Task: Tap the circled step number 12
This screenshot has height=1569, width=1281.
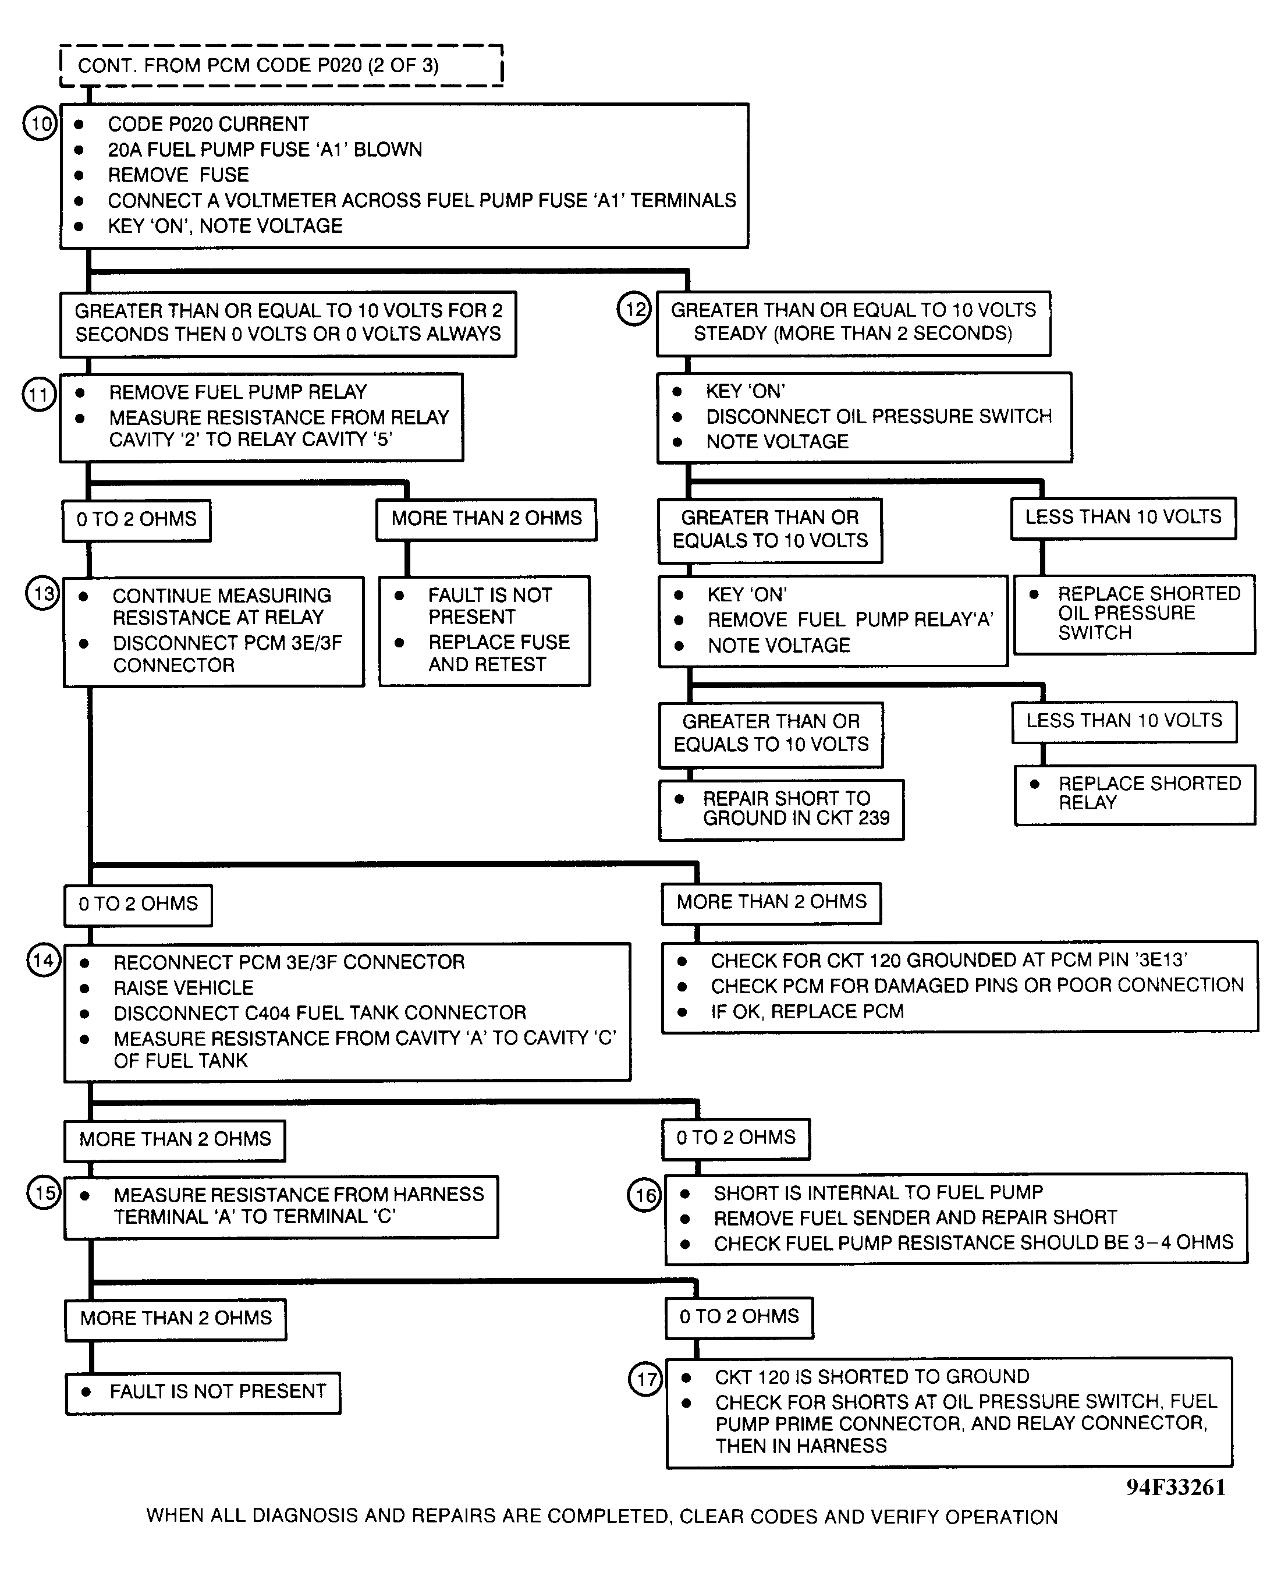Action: [634, 309]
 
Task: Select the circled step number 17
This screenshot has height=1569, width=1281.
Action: [645, 1378]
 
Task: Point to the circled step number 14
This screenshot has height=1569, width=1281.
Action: [44, 960]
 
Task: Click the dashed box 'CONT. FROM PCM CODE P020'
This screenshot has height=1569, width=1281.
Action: [281, 66]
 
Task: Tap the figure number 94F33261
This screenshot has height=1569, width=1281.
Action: [1176, 1487]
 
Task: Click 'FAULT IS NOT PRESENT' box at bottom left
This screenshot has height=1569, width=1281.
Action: [203, 1392]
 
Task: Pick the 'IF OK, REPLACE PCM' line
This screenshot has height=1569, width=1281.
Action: [807, 1011]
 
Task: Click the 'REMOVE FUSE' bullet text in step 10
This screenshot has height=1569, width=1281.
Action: [178, 175]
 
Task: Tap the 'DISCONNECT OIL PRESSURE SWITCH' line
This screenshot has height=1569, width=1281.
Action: [878, 416]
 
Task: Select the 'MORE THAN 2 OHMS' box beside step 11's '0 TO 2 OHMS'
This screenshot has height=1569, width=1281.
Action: [487, 519]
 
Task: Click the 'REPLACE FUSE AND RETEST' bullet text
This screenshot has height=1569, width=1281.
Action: [498, 653]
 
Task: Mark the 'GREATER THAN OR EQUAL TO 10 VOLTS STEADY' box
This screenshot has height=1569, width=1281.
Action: [853, 323]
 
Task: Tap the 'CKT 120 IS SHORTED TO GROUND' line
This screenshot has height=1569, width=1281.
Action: [871, 1377]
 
